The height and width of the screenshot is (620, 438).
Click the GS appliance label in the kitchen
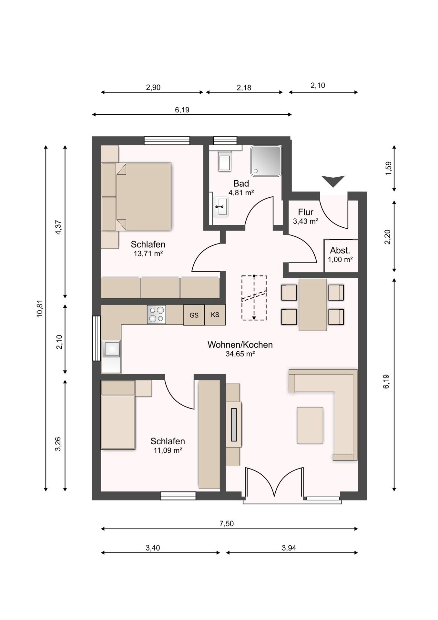[194, 315]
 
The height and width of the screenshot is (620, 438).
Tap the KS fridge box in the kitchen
[215, 315]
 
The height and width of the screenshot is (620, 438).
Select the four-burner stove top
[157, 315]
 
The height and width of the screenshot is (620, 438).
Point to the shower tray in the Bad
[266, 161]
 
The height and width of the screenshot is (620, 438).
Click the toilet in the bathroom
[225, 161]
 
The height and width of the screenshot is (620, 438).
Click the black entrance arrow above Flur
[333, 181]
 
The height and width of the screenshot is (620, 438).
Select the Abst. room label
[340, 250]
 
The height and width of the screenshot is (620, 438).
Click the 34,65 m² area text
[240, 354]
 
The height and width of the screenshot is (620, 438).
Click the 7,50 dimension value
[227, 523]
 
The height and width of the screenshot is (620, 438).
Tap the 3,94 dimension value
[289, 548]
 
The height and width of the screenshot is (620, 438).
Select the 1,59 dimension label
[388, 168]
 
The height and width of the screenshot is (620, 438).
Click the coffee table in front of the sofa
[310, 425]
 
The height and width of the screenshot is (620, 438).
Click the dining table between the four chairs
[313, 305]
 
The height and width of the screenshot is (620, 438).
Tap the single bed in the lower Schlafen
[118, 415]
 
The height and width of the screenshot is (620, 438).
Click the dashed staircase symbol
[254, 298]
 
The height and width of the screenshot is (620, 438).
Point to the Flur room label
[306, 212]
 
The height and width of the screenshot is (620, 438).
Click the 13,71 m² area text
[148, 253]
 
